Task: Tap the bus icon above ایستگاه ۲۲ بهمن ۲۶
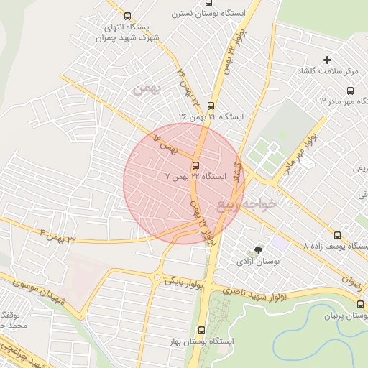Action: pyautogui.click(x=211, y=106)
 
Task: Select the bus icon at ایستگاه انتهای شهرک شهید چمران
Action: pyautogui.click(x=128, y=17)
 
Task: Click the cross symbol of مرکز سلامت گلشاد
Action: pyautogui.click(x=328, y=60)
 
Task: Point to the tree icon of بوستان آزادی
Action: pyautogui.click(x=258, y=250)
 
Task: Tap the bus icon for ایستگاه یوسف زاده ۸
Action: pyautogui.click(x=338, y=234)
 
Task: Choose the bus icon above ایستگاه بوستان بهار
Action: pyautogui.click(x=201, y=330)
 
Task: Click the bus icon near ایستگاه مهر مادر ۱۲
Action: pyautogui.click(x=350, y=91)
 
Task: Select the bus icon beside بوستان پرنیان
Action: pyautogui.click(x=360, y=304)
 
